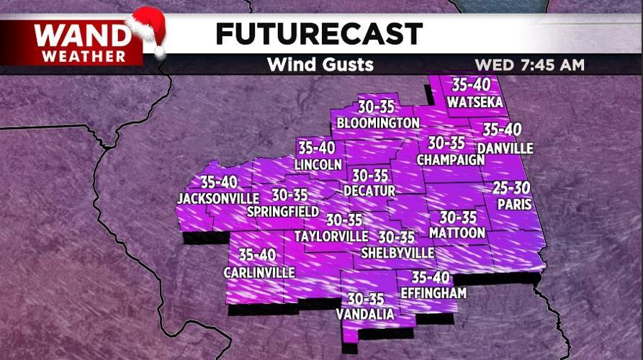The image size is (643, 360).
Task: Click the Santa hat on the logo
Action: [x=147, y=30]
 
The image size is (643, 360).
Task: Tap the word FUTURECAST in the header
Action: [x=319, y=33]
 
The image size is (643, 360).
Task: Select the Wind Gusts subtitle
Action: [x=320, y=64]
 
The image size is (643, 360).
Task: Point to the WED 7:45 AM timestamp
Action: [x=529, y=65]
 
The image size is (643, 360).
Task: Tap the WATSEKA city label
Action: [x=475, y=102]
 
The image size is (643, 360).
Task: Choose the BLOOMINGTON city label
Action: [x=378, y=123]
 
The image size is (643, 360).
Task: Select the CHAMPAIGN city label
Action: [x=450, y=159]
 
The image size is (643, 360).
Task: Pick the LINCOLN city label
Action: [x=318, y=164]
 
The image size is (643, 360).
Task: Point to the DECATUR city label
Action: [x=369, y=191]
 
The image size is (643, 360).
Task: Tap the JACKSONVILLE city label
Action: [x=218, y=198]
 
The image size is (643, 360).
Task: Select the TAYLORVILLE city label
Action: [x=331, y=236]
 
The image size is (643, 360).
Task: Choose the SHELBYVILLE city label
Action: [x=397, y=253]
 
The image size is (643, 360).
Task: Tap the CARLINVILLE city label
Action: [x=258, y=272]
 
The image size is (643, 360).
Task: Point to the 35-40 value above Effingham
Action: [x=431, y=277]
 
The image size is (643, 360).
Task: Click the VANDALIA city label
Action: [x=365, y=314]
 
